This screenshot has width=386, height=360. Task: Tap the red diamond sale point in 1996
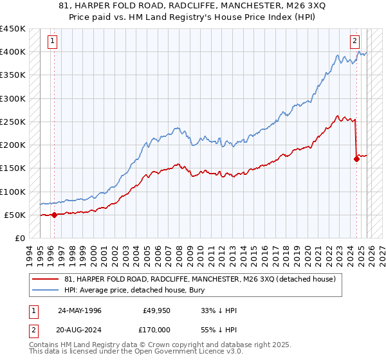click(x=54, y=215)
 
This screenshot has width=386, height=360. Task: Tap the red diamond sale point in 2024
click(x=356, y=159)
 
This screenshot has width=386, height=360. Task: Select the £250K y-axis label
click(x=13, y=122)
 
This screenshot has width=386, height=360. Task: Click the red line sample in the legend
click(x=46, y=279)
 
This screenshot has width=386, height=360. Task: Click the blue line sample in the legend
click(x=46, y=290)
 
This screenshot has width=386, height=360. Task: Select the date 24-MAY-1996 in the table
click(x=80, y=310)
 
